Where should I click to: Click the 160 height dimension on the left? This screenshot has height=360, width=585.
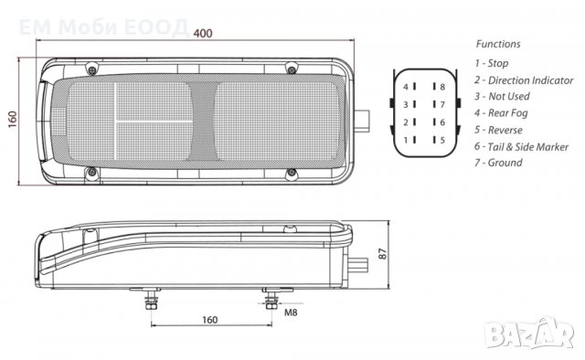coord(14,120)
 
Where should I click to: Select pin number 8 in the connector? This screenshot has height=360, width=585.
coord(441,87)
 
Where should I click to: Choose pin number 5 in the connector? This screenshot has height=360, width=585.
coord(441,140)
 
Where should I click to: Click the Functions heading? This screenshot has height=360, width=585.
coord(498,43)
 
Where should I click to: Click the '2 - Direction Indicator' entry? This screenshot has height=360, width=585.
coord(524,79)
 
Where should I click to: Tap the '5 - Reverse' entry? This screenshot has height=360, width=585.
coord(499,129)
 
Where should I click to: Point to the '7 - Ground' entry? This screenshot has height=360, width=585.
coord(499,163)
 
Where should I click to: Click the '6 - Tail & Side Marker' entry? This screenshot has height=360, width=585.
coord(522,146)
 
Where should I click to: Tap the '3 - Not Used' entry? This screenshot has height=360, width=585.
coord(502,96)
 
